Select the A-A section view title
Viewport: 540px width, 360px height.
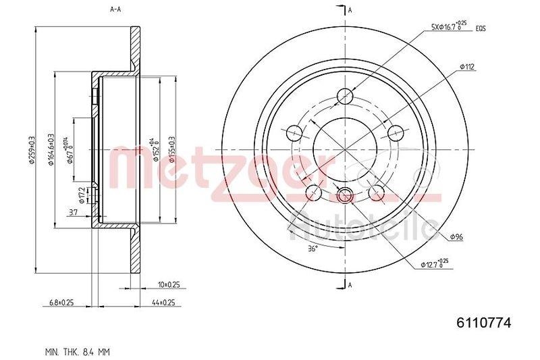pyautogui.click(x=117, y=9)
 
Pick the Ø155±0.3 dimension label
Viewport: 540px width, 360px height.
pyautogui.click(x=172, y=150)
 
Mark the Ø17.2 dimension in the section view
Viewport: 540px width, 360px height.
pyautogui.click(x=81, y=196)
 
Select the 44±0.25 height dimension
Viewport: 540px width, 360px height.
pyautogui.click(x=162, y=303)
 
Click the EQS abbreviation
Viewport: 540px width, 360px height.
pyautogui.click(x=481, y=28)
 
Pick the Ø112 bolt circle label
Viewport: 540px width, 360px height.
pyautogui.click(x=468, y=66)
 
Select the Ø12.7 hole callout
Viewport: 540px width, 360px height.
pyautogui.click(x=434, y=263)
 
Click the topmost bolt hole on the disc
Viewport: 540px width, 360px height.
pyautogui.click(x=345, y=95)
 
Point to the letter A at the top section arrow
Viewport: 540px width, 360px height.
pyautogui.click(x=350, y=9)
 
